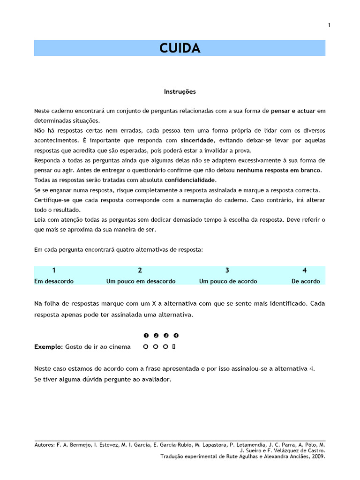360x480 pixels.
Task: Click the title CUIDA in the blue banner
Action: [180, 48]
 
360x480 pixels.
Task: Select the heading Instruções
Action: [180, 91]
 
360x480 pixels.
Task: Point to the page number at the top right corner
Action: [329, 25]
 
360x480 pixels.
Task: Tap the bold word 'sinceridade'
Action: [197, 141]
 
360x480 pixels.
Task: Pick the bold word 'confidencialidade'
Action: [190, 180]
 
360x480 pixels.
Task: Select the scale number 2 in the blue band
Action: [140, 270]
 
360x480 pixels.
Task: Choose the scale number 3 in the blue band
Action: [227, 270]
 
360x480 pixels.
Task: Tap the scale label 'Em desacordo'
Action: [54, 281]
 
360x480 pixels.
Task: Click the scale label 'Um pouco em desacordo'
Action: [141, 281]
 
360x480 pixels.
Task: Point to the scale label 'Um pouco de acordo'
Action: [228, 281]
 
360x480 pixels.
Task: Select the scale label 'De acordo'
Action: [306, 281]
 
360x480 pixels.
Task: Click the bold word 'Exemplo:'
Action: [48, 347]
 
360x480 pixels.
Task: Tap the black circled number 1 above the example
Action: [146, 336]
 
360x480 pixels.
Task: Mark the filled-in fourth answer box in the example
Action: [174, 347]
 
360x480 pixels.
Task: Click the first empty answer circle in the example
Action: [146, 347]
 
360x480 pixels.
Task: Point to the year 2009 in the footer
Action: [317, 456]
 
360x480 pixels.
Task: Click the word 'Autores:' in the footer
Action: [45, 444]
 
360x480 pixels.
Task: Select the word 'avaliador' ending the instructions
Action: [157, 379]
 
